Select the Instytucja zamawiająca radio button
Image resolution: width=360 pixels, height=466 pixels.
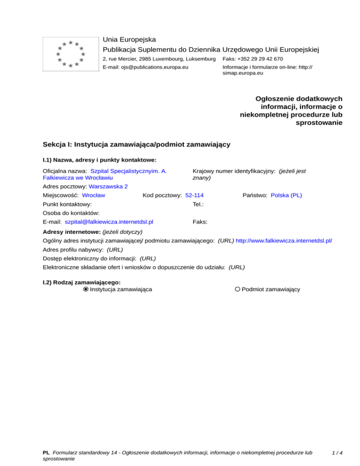coord(86,289)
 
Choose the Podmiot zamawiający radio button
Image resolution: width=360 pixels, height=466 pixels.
coord(238,289)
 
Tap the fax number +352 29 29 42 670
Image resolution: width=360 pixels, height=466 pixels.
coord(260,59)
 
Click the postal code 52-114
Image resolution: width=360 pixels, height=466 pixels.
coord(195,195)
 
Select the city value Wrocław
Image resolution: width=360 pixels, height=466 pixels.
coord(93,195)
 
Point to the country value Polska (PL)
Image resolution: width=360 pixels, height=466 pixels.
coord(286,195)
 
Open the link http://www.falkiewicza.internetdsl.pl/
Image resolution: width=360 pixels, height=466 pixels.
coord(284,241)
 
